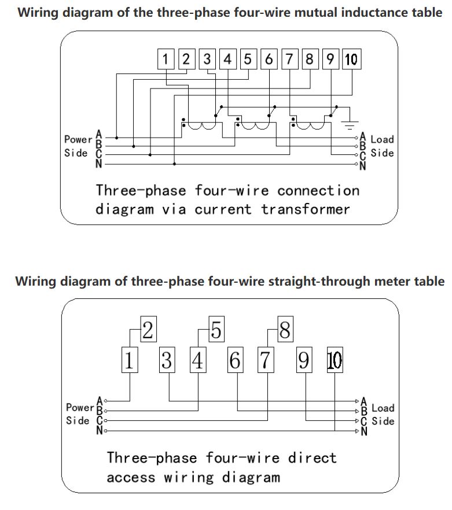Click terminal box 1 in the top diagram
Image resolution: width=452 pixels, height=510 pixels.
pos(166,58)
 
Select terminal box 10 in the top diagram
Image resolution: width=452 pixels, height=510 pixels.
pos(351,58)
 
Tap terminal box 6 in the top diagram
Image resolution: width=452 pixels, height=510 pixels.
pos(269,58)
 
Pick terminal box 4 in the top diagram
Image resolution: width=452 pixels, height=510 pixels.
pos(227,58)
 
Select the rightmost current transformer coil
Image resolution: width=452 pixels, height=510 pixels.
pos(313,126)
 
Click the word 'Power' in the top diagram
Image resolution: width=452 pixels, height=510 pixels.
pos(78,139)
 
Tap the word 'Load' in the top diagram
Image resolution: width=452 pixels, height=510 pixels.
pos(382,139)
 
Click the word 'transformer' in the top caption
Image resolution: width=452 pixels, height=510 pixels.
pos(306,209)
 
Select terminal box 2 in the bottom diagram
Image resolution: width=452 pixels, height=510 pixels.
pos(148,330)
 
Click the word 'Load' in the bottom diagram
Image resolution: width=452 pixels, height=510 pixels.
pos(383,409)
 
